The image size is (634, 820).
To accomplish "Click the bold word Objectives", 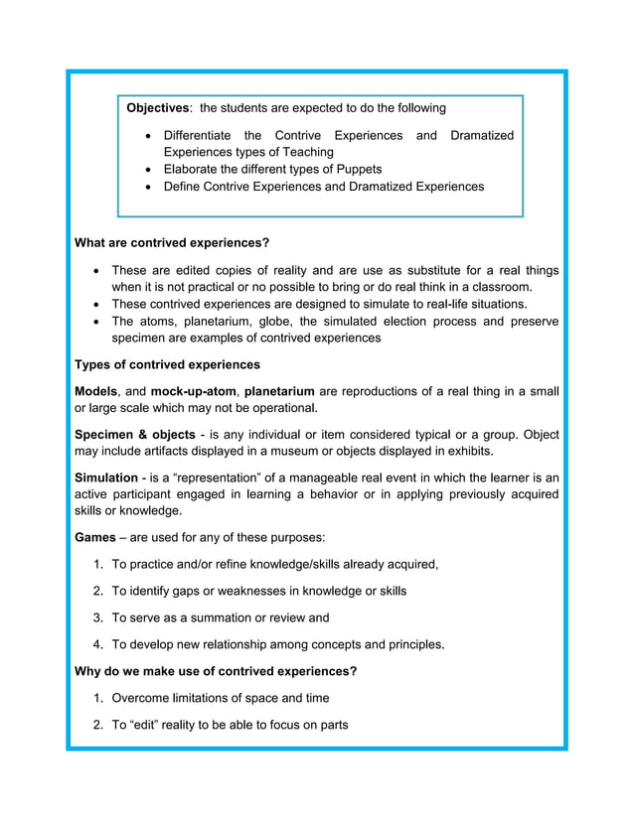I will coord(157,108).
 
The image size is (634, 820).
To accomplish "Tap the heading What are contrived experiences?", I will coord(172,242).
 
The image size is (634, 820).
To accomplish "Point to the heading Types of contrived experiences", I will coord(167,364).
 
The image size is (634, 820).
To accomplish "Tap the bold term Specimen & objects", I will coord(134,435).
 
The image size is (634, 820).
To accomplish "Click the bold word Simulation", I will coord(106,478).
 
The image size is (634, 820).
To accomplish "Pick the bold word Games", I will coord(94,537).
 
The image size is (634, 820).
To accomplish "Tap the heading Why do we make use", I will coord(216,671).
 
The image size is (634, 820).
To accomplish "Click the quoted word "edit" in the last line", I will coord(149,725).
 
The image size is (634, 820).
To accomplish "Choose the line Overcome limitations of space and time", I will coord(220,698).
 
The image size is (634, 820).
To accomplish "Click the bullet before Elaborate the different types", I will coord(149,170).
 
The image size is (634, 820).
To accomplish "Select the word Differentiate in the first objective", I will coord(198,135).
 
